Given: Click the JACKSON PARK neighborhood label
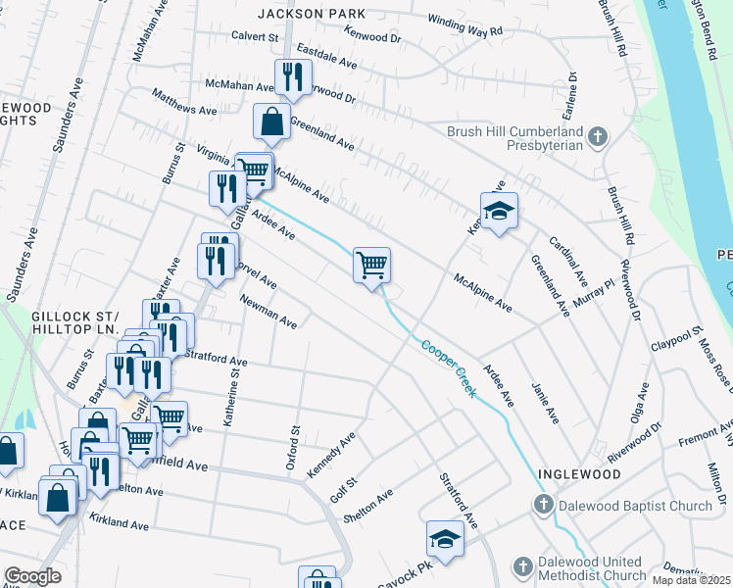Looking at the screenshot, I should [x=311, y=14].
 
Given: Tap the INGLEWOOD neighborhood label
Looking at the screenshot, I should [x=579, y=473].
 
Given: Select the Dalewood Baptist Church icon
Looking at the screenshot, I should [x=542, y=506].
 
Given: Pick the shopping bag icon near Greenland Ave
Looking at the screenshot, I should [x=271, y=122].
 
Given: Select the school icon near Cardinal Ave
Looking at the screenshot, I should [x=499, y=210].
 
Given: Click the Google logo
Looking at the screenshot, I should [x=32, y=576].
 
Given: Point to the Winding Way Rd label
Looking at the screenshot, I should [x=465, y=25].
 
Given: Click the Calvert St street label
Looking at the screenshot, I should [x=255, y=35].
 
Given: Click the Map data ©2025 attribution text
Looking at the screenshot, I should [x=690, y=580].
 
